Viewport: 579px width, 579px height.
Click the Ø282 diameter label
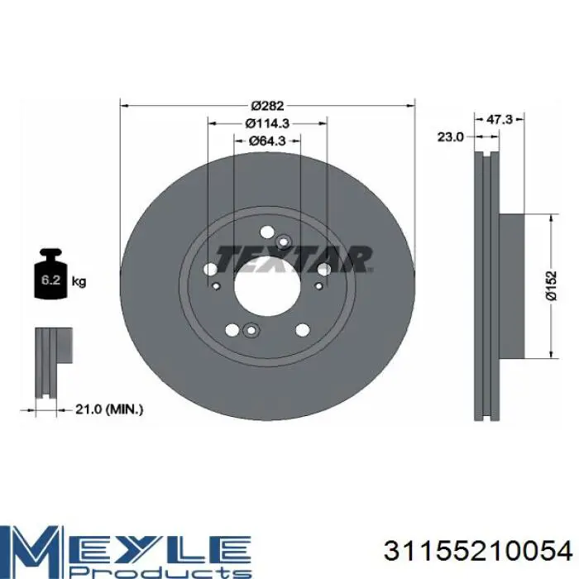(267, 106)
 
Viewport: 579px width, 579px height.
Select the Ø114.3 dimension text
(267, 123)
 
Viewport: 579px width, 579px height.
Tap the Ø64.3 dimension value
(267, 141)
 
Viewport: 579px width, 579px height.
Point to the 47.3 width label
(500, 119)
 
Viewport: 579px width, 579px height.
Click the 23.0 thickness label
(450, 137)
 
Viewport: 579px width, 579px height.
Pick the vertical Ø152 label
(551, 286)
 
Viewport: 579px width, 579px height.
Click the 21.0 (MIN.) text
(109, 409)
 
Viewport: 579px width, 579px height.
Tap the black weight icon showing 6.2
(51, 273)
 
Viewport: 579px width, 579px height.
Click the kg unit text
(79, 282)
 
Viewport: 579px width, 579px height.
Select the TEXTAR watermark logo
(294, 259)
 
